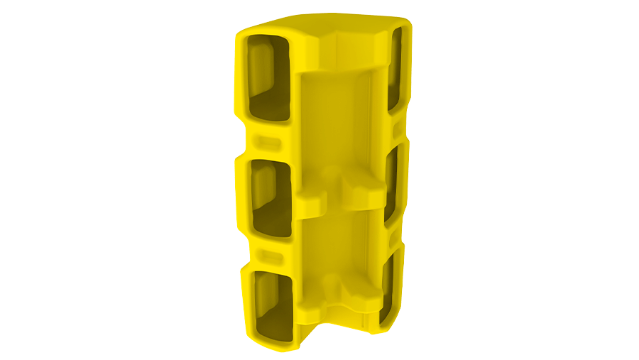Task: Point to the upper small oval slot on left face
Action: [268, 140]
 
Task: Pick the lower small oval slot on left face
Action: [270, 254]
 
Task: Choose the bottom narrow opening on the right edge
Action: [388, 291]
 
